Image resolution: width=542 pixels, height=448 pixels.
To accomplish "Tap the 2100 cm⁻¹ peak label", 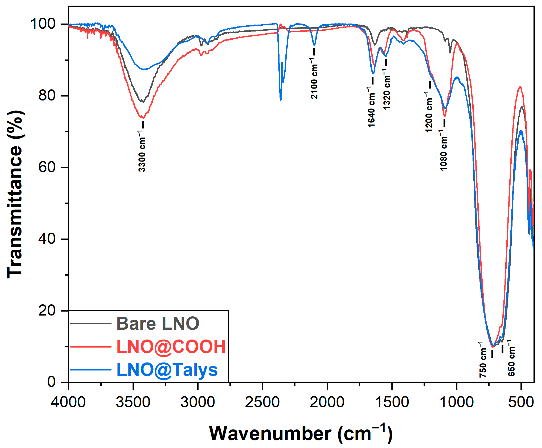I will click(x=314, y=78).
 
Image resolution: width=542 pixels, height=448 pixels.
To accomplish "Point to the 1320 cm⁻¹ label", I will click(x=387, y=89).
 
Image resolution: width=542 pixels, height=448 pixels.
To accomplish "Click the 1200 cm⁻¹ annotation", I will click(x=429, y=112).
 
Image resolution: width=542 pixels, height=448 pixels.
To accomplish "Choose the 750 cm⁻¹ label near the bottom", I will click(x=483, y=359).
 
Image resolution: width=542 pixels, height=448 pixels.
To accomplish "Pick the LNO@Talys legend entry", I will click(x=167, y=369).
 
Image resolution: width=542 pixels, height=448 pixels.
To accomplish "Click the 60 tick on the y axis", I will click(x=47, y=167).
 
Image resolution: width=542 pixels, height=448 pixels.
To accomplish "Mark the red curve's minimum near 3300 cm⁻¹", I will click(x=142, y=118).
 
